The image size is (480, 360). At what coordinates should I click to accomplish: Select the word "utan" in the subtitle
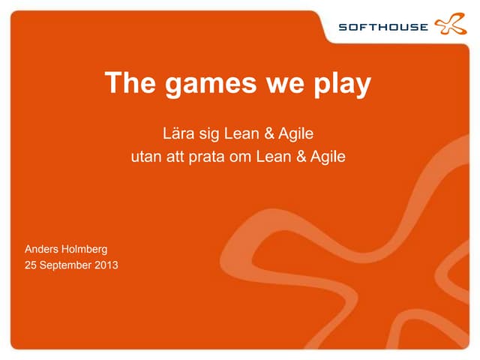click(x=145, y=157)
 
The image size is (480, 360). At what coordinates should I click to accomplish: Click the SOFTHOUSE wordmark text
click(x=383, y=28)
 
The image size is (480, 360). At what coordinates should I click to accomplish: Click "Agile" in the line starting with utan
click(x=327, y=158)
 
